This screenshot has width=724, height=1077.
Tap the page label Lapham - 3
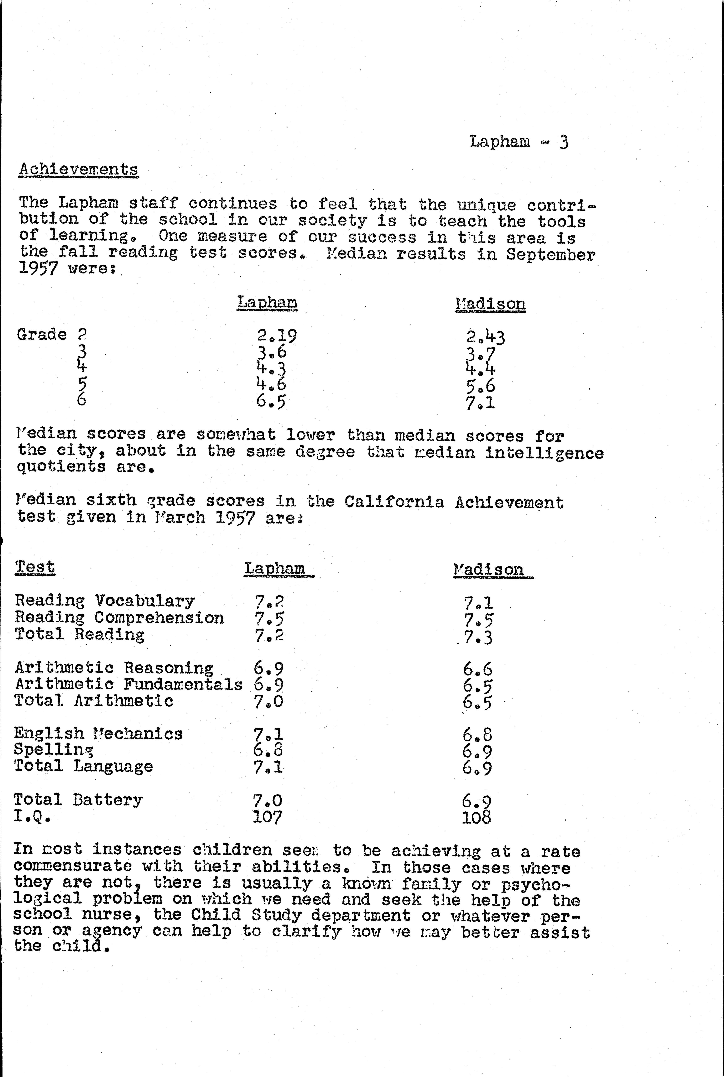519,141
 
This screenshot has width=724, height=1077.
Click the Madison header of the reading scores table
490,304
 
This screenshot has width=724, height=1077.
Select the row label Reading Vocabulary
105,601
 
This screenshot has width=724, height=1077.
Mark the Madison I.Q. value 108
476,818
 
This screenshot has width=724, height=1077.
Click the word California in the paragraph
394,502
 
